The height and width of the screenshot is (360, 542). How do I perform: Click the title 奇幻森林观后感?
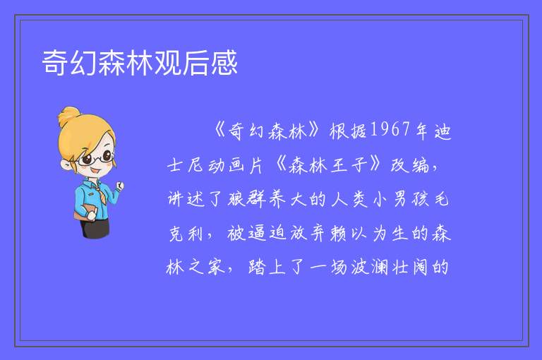(x=140, y=63)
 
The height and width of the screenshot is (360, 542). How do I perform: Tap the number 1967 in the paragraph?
(x=390, y=129)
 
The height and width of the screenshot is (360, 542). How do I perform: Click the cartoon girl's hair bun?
(x=69, y=116)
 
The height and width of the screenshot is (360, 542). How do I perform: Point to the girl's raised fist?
(x=120, y=186)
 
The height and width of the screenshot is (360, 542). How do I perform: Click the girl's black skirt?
(x=95, y=228)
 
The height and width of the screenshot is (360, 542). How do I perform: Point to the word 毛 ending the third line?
(x=440, y=199)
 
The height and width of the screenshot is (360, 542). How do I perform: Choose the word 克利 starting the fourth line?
(x=186, y=234)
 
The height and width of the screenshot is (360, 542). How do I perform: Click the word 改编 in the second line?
(x=409, y=164)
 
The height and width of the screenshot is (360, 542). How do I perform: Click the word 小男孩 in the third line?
(x=400, y=199)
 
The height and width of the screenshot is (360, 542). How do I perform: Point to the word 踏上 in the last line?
(x=267, y=267)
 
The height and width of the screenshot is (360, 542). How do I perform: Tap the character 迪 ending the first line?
(x=442, y=131)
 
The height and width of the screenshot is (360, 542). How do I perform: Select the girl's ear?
(x=66, y=164)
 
